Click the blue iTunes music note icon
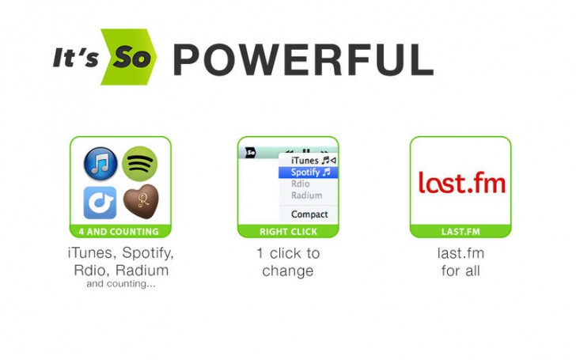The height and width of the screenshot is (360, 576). click(x=100, y=164)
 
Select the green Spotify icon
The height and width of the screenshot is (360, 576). click(x=140, y=164)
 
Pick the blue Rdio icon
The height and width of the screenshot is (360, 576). click(x=100, y=202)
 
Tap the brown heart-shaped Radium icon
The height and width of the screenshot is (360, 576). click(x=140, y=202)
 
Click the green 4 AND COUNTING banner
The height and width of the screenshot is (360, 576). click(x=120, y=232)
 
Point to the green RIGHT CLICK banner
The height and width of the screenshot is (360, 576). click(x=288, y=232)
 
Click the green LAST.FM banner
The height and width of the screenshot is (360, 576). click(x=460, y=232)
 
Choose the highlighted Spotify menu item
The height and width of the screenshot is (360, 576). click(x=309, y=172)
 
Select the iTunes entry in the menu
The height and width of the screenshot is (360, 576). click(x=309, y=160)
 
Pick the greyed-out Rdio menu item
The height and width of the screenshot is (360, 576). click(x=301, y=184)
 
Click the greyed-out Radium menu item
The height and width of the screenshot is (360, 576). click(x=306, y=195)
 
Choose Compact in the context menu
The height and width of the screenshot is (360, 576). click(x=309, y=214)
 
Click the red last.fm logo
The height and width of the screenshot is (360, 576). click(x=460, y=183)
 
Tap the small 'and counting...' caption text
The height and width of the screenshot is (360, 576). click(x=120, y=283)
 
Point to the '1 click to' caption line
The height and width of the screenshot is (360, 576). click(x=288, y=254)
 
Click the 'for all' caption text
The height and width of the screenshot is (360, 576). click(x=460, y=271)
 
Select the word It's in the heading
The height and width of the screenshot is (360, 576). click(x=75, y=57)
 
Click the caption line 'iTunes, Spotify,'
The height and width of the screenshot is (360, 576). click(x=120, y=254)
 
